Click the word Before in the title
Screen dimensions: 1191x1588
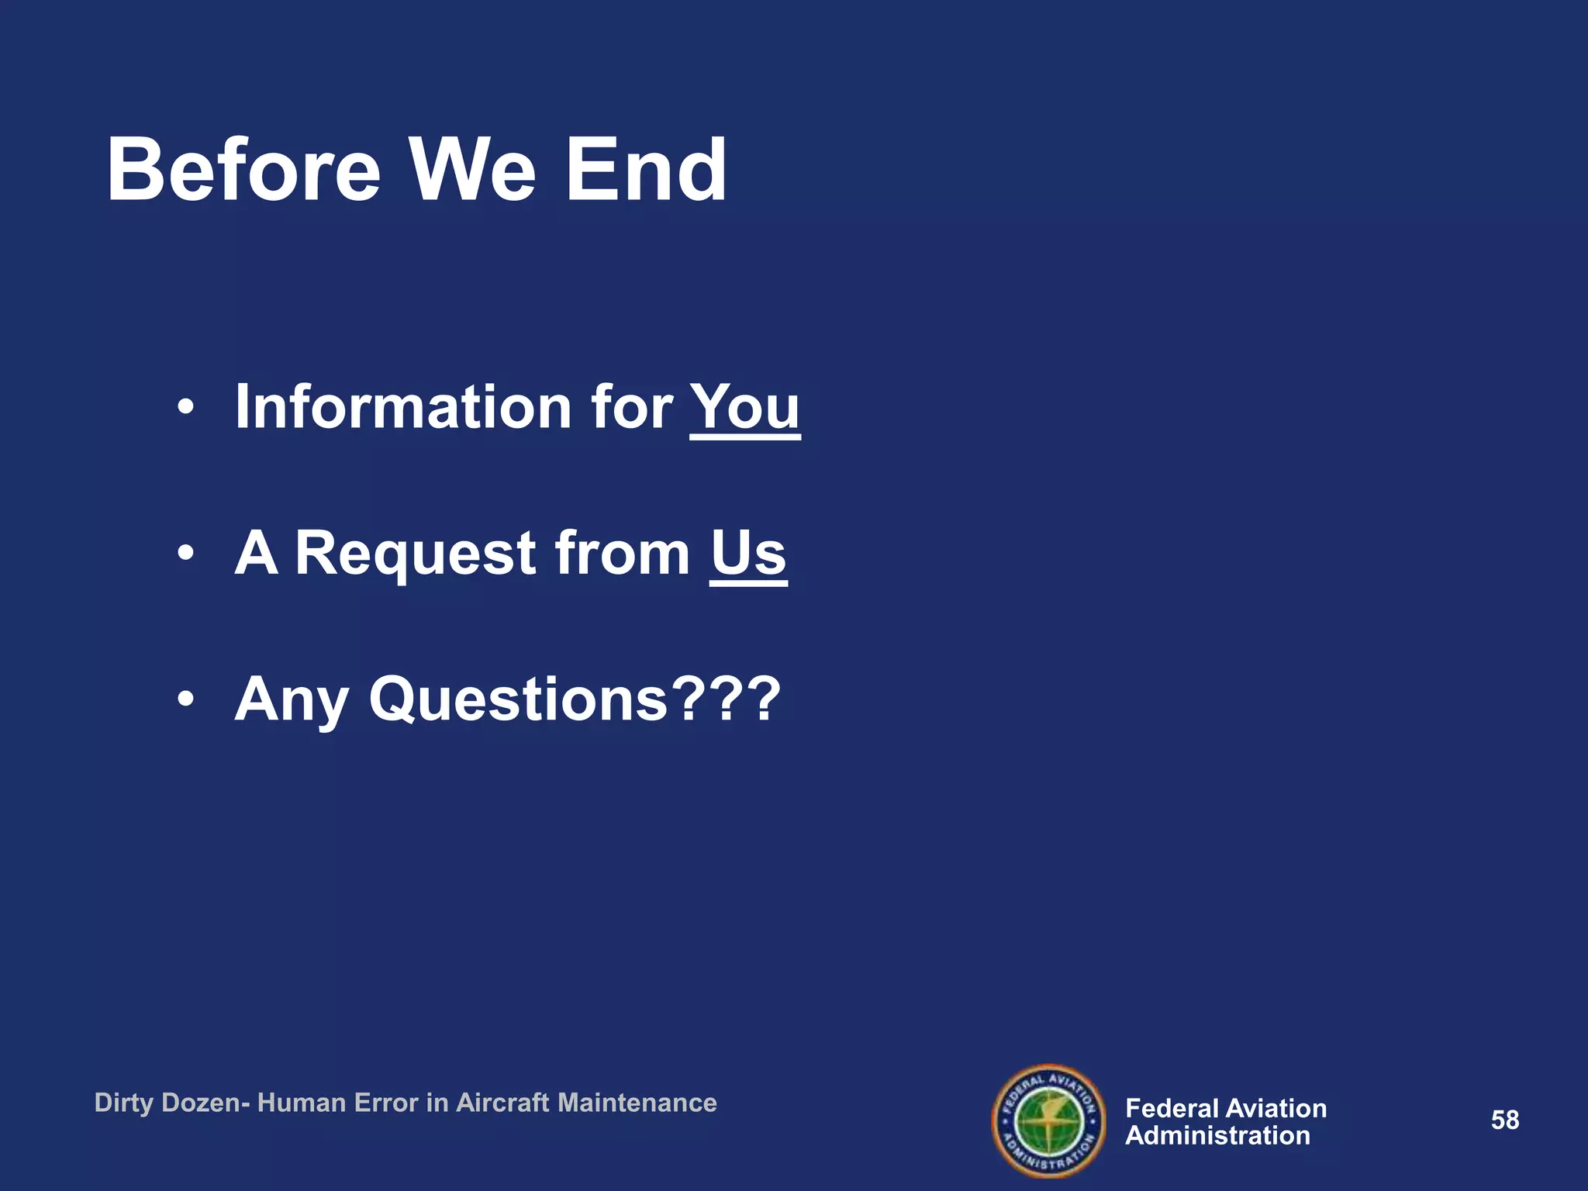(x=243, y=170)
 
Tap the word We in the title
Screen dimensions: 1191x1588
(x=472, y=170)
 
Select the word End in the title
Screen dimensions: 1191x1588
(x=646, y=170)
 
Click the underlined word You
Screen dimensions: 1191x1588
(x=744, y=406)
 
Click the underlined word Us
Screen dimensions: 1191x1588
(x=748, y=553)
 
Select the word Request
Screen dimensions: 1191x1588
(x=416, y=553)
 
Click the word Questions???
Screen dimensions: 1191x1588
(x=575, y=699)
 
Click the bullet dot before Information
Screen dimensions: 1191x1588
(x=185, y=407)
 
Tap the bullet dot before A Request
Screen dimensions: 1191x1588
(x=185, y=554)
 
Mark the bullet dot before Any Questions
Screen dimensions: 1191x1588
(x=185, y=700)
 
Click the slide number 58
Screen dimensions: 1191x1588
(x=1505, y=1120)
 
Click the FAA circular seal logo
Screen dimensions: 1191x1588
(x=1048, y=1120)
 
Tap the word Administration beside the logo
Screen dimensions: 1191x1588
(x=1217, y=1136)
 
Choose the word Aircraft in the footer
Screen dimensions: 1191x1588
(x=502, y=1103)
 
